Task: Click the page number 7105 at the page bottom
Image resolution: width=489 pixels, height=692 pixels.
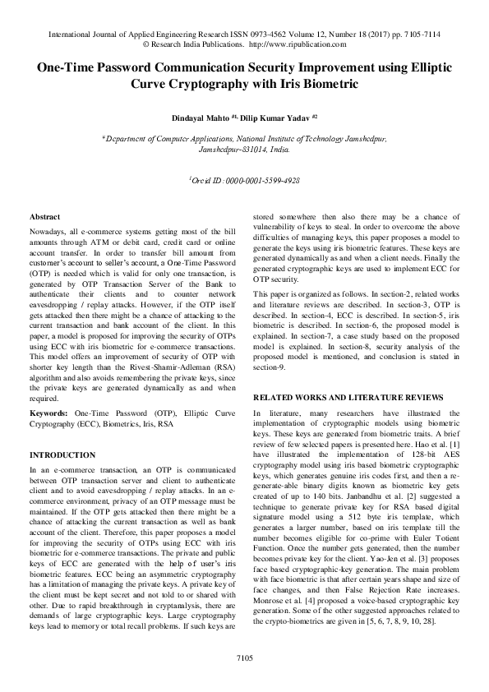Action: click(x=244, y=657)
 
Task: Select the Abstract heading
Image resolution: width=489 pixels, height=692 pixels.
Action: click(x=44, y=215)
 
